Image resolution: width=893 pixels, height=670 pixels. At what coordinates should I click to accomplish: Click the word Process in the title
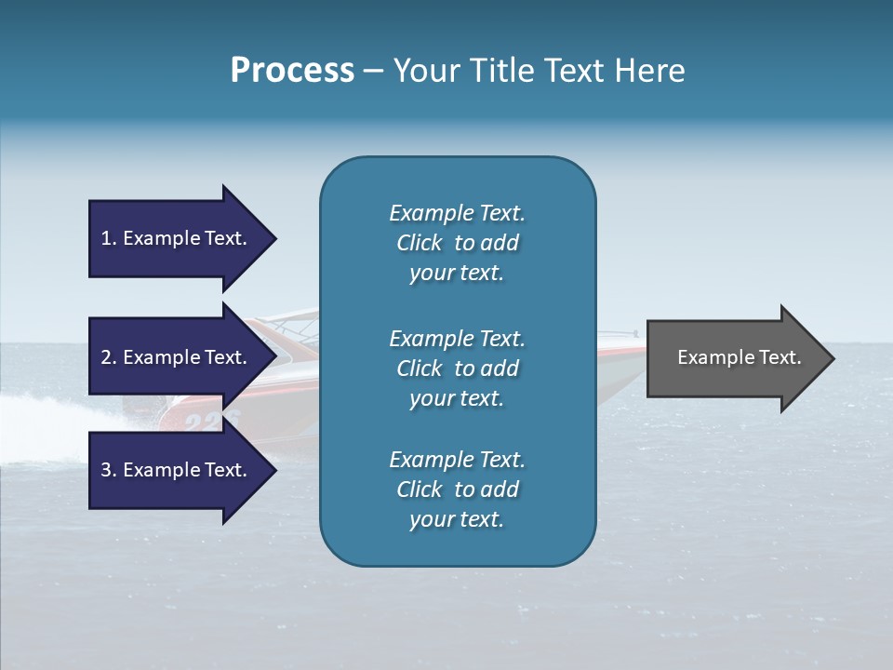pyautogui.click(x=292, y=71)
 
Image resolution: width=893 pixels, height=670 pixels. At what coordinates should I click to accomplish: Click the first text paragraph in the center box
pyautogui.click(x=457, y=243)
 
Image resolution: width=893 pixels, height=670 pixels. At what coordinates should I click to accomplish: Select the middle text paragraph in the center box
pyautogui.click(x=457, y=368)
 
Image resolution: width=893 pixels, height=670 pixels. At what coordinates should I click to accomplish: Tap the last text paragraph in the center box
pyautogui.click(x=457, y=489)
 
